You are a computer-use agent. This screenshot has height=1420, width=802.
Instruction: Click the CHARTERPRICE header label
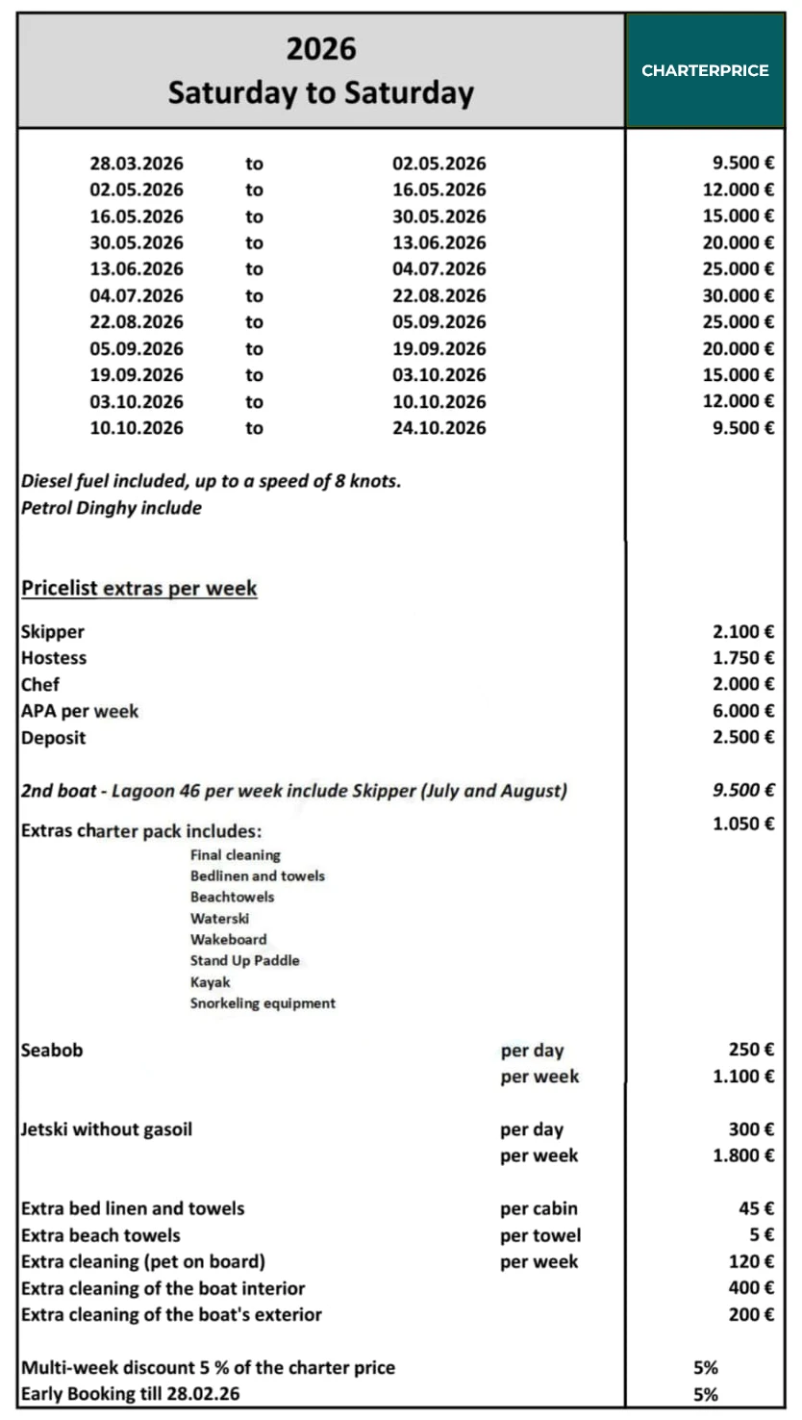click(705, 70)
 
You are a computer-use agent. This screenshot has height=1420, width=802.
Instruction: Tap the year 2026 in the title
click(320, 49)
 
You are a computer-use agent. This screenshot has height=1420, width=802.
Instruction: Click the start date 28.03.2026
click(137, 164)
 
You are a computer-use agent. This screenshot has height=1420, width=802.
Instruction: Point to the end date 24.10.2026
click(439, 428)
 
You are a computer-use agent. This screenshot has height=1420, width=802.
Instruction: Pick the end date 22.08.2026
click(439, 295)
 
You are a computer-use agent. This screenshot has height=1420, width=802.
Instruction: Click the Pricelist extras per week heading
click(139, 588)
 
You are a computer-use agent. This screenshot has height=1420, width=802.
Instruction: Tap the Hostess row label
click(54, 658)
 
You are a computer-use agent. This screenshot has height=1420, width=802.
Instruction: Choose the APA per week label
click(80, 712)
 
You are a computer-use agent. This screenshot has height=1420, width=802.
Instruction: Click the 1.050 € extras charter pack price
click(743, 824)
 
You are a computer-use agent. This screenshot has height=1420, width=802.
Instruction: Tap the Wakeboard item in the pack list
click(229, 939)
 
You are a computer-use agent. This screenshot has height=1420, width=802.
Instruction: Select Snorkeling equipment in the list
click(263, 1003)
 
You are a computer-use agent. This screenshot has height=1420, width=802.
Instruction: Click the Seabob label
click(52, 1051)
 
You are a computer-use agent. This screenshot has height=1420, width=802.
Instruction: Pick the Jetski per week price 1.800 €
click(743, 1155)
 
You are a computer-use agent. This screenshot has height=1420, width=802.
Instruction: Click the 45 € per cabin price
click(755, 1208)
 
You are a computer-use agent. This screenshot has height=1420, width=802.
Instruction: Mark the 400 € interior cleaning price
click(751, 1287)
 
